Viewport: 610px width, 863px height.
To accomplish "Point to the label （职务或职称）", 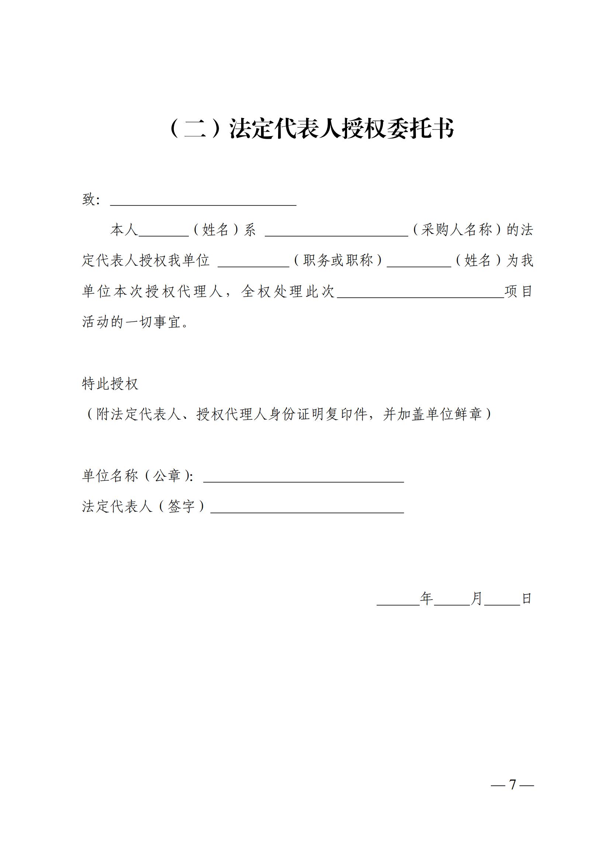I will (338, 260).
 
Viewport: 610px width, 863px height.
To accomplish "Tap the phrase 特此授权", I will (110, 384).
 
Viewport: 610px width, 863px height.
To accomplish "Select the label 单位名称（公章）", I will (138, 476).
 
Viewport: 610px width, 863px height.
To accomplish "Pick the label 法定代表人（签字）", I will (144, 507).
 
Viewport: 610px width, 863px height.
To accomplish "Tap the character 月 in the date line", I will (476, 599).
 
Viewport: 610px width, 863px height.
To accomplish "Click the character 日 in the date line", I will (527, 599).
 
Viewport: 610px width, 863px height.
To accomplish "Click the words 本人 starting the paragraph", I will (124, 229).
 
